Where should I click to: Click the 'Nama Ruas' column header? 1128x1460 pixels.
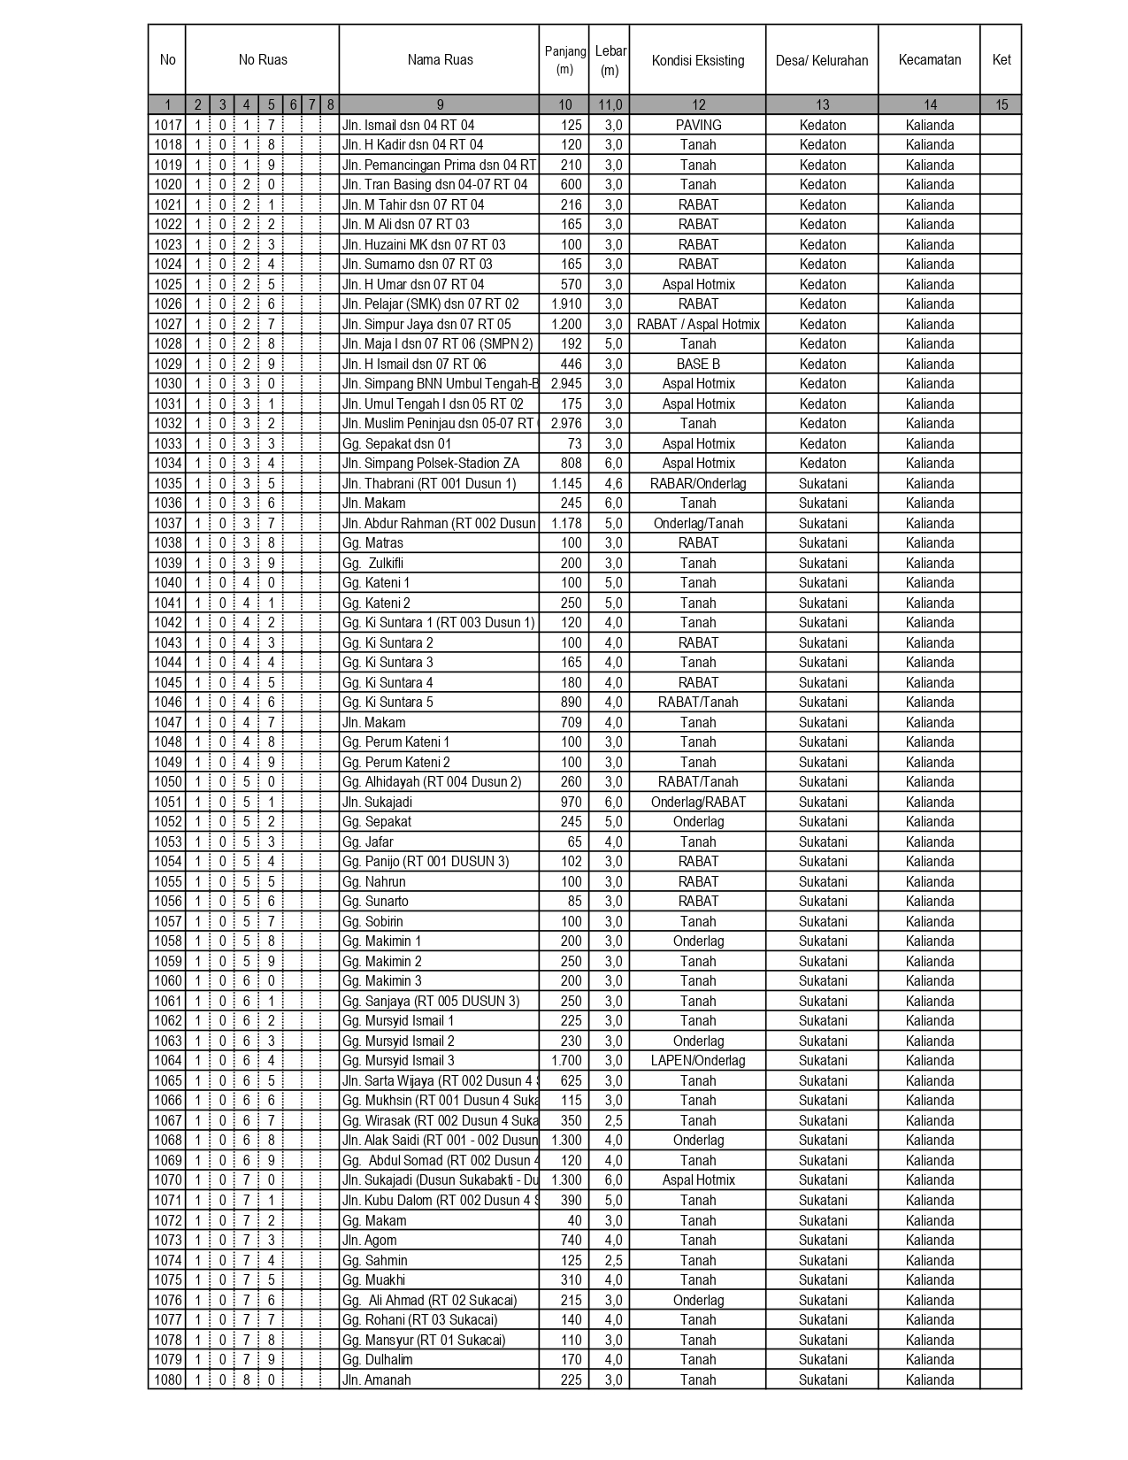(x=440, y=60)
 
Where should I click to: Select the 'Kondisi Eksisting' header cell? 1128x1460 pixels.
(x=698, y=60)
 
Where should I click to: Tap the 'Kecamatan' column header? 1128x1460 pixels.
(x=929, y=60)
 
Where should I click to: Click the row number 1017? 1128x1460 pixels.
(x=167, y=126)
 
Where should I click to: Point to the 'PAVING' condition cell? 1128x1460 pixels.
(x=698, y=126)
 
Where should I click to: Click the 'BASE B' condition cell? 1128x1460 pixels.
(x=698, y=365)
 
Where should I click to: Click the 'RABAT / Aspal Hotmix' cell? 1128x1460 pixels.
(x=698, y=325)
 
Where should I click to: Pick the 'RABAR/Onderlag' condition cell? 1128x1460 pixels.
(x=698, y=484)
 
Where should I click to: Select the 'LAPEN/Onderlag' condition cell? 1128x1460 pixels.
(x=698, y=1061)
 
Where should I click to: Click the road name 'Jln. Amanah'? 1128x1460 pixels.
(x=377, y=1379)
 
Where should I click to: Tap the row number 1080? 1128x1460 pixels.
(x=167, y=1379)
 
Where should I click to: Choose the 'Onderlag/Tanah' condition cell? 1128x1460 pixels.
(x=698, y=524)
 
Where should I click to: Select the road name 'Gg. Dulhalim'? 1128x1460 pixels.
(x=378, y=1360)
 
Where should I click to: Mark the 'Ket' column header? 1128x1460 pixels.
(x=1001, y=60)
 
